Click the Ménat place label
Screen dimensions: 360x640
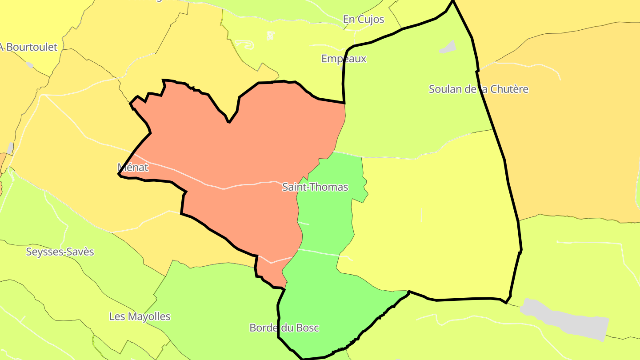pos(132,168)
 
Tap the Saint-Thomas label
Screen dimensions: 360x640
pos(315,187)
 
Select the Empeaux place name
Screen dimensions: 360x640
pos(344,59)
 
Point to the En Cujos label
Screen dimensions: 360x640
pos(363,20)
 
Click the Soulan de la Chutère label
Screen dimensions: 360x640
pos(478,89)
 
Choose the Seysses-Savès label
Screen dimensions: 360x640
pos(60,252)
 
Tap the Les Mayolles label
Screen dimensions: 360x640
pos(140,317)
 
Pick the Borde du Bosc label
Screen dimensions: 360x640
pos(284,328)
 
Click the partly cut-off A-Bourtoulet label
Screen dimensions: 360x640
pos(29,47)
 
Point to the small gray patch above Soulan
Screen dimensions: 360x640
pos(448,47)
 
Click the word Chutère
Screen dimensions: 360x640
pos(510,89)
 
